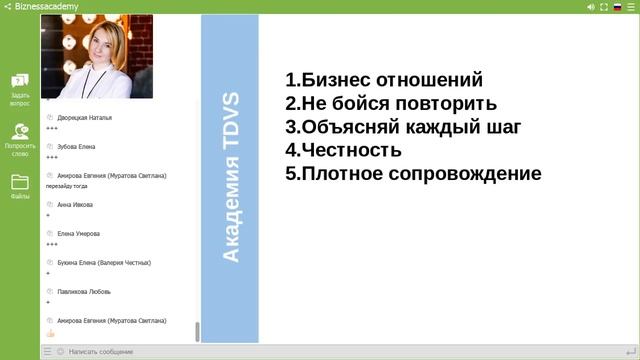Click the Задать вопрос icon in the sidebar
coord(20,81)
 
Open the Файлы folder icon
coord(20,182)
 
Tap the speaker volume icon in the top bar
coord(591,6)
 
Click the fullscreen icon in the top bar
coord(604,6)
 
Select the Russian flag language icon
coord(617,6)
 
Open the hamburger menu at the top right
coord(631,6)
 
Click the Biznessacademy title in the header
coord(48,6)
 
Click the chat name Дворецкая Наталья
coord(84,118)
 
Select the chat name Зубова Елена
coord(76,147)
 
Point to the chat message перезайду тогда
coord(72,186)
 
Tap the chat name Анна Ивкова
coord(75,205)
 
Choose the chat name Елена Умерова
coord(79,234)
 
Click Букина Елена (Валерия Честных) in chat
coord(104,263)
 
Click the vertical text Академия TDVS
coord(230,177)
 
